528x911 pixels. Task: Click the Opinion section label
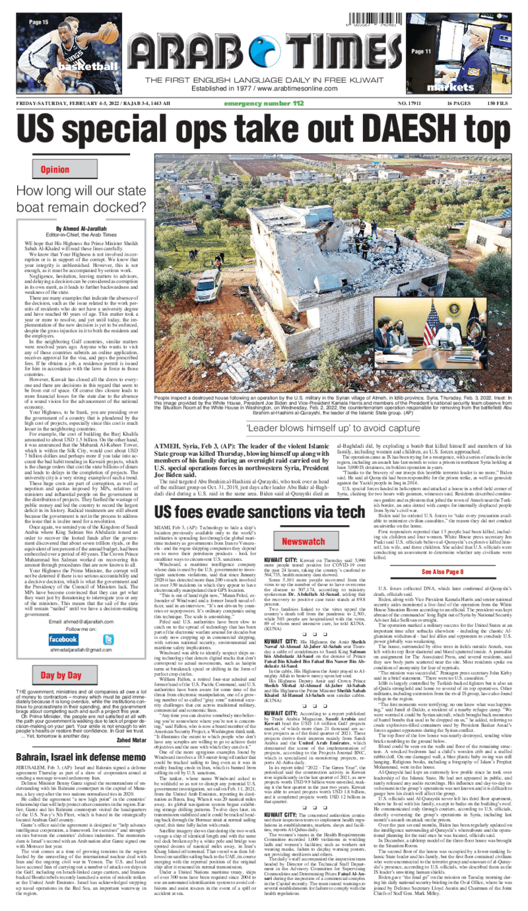point(55,169)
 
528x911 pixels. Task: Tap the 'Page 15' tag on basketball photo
point(38,22)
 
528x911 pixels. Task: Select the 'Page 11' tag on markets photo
point(422,51)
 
